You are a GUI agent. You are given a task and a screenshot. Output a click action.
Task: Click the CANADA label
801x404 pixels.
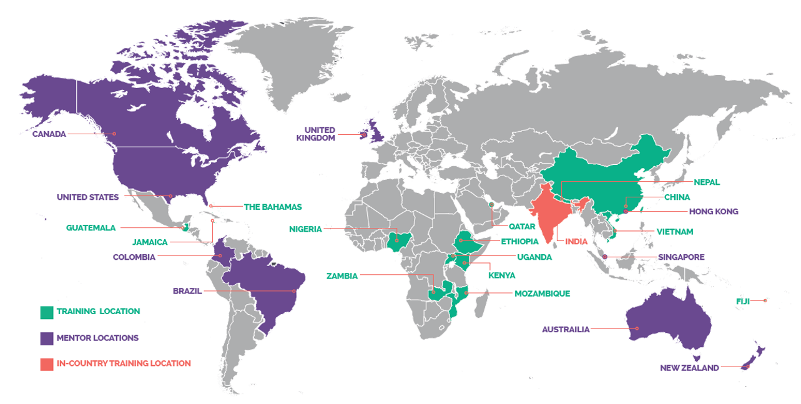pos(49,134)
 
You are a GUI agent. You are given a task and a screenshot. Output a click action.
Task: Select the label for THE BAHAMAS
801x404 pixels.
pos(273,207)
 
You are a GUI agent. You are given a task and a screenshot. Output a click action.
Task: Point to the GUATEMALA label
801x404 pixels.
pos(91,228)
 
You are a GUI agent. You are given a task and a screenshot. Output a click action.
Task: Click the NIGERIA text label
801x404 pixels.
pos(305,229)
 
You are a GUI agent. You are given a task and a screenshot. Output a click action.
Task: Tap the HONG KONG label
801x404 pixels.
pos(714,212)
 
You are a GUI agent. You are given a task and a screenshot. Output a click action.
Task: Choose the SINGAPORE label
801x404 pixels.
pos(681,257)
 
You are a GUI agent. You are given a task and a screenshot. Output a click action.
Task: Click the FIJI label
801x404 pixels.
pos(742,301)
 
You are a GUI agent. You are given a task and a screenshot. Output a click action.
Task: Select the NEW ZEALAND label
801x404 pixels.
pos(689,368)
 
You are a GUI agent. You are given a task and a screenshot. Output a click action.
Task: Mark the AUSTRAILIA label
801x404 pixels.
pos(566,329)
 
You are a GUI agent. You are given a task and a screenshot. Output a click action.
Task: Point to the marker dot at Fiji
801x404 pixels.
pos(765,301)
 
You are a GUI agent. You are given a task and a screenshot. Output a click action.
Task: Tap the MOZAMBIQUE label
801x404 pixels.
pos(542,293)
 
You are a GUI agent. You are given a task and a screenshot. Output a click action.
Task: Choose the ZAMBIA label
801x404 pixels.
pos(342,275)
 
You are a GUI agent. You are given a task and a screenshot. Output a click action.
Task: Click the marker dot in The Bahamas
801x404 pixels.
pos(211,206)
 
